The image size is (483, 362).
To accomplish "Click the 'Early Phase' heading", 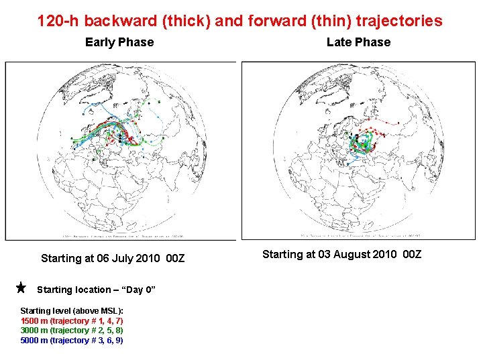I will tap(119, 42).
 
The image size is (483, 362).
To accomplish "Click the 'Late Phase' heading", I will tap(358, 42).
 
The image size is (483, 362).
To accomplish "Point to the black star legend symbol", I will tap(21, 288).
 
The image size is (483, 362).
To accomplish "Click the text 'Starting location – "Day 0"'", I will tap(97, 290).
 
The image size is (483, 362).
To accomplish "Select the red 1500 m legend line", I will tap(72, 320).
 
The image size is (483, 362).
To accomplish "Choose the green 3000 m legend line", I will tap(72, 330).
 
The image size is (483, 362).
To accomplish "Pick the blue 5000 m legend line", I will tap(72, 341).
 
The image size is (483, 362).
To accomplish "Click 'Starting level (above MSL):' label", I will tap(72, 310).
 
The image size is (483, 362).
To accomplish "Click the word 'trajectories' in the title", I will tap(399, 21).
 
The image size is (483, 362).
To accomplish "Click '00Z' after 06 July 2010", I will tap(175, 258).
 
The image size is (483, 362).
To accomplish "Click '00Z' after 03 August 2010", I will tap(411, 254).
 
